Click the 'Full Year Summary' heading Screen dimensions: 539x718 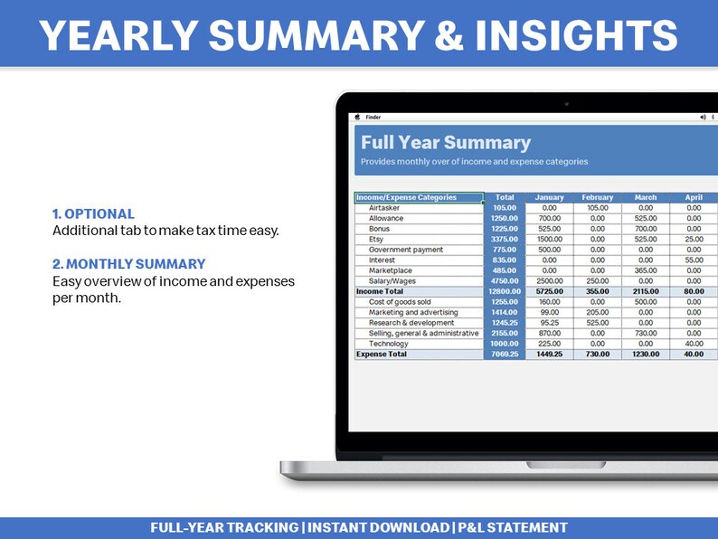[x=446, y=143]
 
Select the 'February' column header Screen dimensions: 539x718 [x=597, y=197]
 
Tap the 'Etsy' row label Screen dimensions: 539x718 [x=376, y=239]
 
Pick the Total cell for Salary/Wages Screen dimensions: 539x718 [x=504, y=281]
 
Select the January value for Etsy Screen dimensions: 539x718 [x=549, y=239]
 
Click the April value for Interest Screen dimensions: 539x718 [x=693, y=260]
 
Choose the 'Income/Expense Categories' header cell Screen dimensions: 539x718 [x=406, y=197]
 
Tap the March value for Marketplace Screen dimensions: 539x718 [x=645, y=270]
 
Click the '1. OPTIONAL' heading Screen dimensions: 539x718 [x=93, y=214]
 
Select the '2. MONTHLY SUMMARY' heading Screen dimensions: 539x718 [x=128, y=264]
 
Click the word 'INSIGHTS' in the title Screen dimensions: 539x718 [x=562, y=35]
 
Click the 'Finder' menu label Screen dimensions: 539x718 [x=373, y=117]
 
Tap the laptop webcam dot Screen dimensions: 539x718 [x=566, y=104]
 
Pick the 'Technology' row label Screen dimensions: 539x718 [x=388, y=344]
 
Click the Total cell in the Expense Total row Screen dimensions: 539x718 [x=504, y=355]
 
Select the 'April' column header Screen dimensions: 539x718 [x=693, y=197]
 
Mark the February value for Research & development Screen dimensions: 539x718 [x=597, y=323]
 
